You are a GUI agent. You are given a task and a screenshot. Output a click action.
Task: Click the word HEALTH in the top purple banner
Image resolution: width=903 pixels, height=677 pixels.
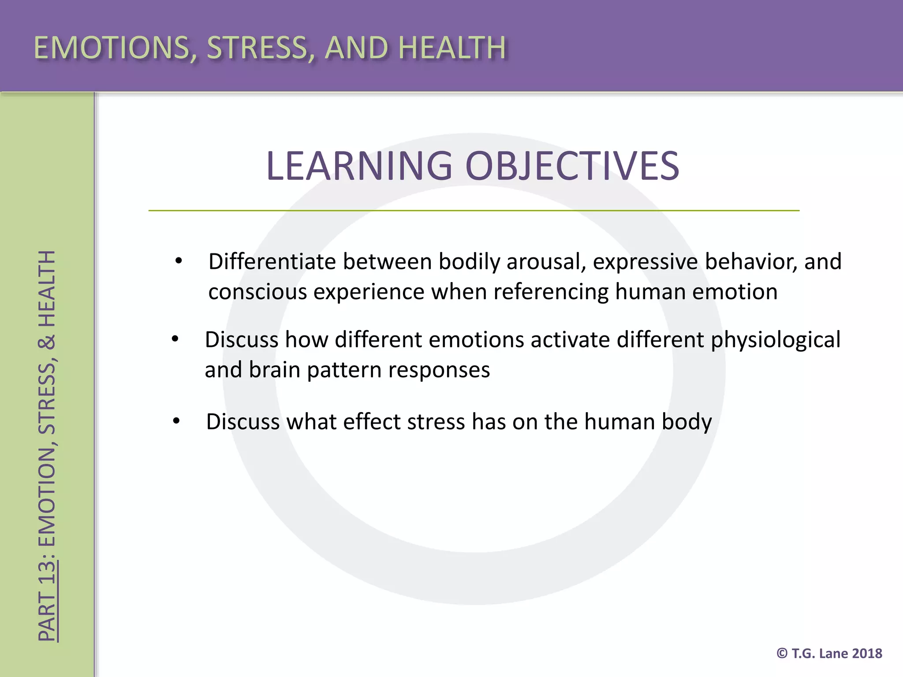point(452,47)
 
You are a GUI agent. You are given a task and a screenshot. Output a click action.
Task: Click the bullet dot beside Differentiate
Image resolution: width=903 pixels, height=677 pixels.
point(178,261)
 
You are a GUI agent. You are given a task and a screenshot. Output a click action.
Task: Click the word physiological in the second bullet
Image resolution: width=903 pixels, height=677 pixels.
point(776,340)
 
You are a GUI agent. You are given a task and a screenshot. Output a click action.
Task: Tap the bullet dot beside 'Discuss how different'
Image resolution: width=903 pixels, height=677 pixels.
point(175,339)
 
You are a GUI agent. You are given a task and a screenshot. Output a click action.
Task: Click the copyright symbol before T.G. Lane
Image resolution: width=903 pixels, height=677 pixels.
point(782,653)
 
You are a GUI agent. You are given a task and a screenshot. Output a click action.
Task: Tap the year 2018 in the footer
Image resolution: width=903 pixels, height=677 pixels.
point(867,653)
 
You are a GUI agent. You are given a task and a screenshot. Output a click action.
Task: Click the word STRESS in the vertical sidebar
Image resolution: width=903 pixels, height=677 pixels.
point(47,399)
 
